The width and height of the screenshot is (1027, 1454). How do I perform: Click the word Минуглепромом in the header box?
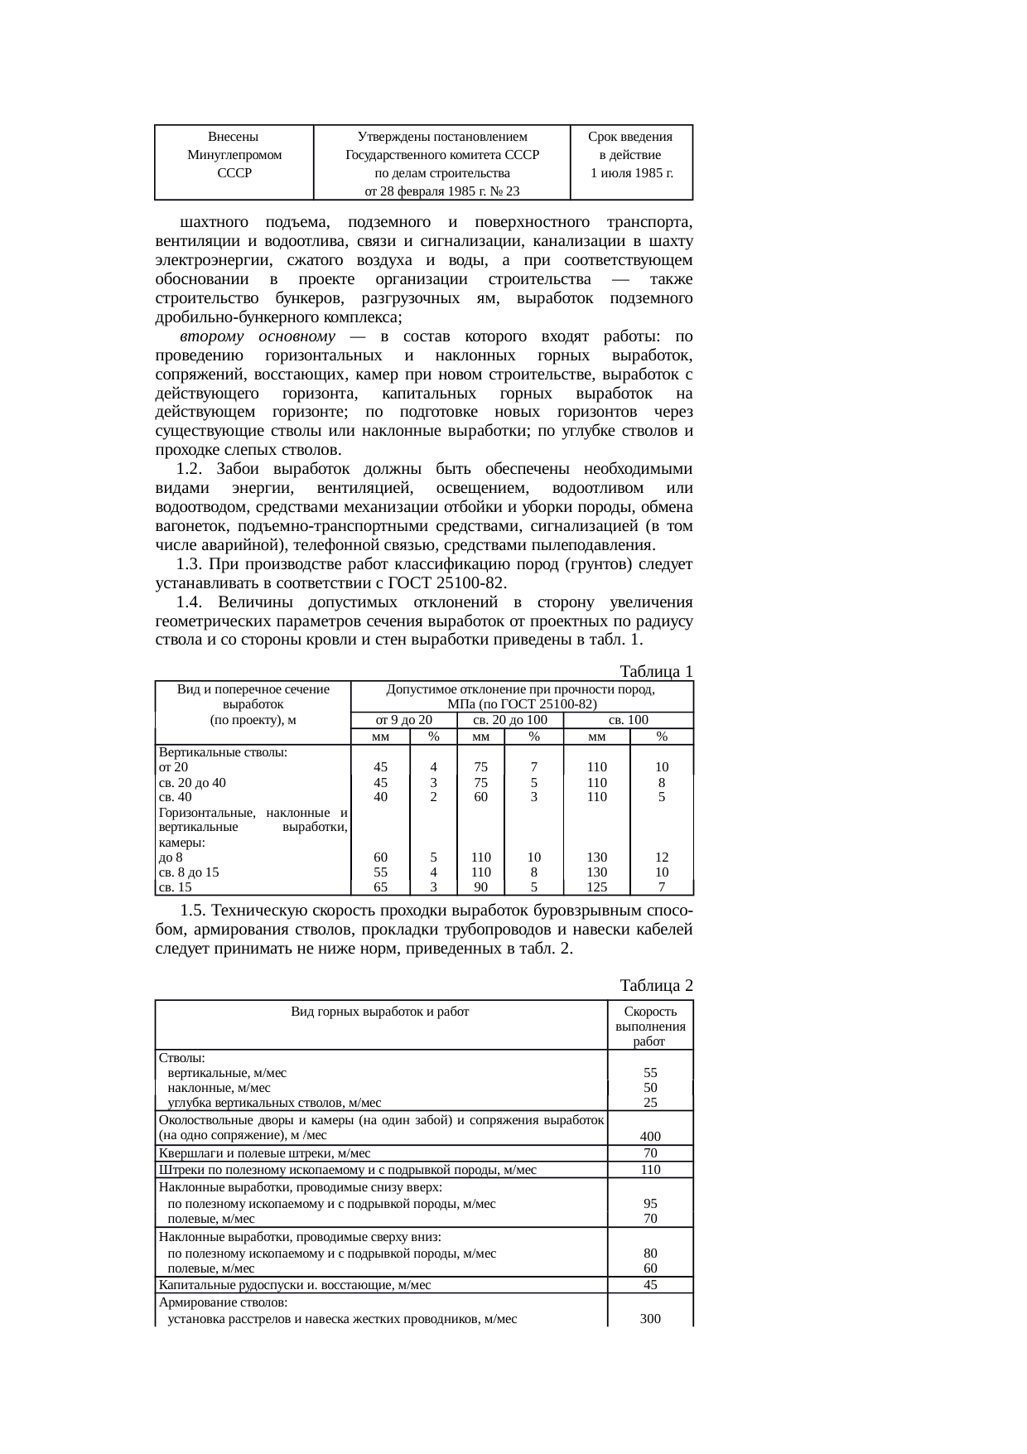234,155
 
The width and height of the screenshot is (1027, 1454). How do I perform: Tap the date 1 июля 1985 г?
630,174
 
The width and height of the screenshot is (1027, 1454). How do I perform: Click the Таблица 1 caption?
657,672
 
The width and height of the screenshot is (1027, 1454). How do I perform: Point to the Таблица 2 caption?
657,986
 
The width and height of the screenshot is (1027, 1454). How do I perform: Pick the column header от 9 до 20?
404,721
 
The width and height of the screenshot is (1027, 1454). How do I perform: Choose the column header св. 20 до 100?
509,721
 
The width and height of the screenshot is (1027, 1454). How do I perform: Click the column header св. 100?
628,721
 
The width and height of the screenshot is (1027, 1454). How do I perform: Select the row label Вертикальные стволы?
223,753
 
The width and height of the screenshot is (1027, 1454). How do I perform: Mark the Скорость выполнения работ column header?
650,1026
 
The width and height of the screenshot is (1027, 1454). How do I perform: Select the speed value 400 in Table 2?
650,1137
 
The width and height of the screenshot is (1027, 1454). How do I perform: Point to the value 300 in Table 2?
650,1318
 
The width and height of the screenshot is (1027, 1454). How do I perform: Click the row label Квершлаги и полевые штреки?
264,1153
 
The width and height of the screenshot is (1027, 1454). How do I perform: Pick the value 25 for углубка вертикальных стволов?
650,1103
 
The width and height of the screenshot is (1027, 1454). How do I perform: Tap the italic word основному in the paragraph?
297,337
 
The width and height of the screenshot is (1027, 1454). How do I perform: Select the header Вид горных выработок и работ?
380,1012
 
